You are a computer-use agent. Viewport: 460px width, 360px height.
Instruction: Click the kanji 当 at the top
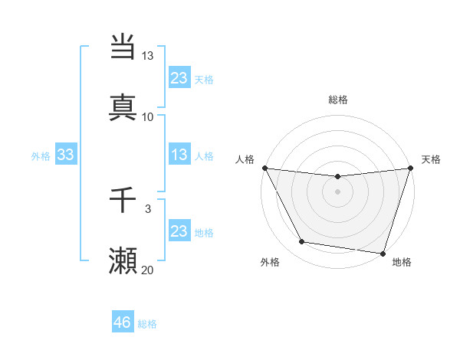(x=123, y=47)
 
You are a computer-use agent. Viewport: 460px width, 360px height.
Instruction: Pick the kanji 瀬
(x=123, y=261)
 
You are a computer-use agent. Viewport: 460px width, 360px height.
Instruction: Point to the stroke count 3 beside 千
(x=148, y=208)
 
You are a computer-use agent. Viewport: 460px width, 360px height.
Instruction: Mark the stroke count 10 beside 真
(x=147, y=116)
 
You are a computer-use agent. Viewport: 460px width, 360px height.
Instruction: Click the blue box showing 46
(x=123, y=322)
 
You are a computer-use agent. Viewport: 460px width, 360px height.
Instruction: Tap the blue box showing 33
(x=66, y=155)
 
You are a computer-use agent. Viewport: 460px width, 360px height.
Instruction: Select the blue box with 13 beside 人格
(x=179, y=155)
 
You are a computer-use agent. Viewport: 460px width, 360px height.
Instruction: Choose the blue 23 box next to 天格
(x=179, y=78)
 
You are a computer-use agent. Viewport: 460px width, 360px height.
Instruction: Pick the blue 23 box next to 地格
(x=179, y=231)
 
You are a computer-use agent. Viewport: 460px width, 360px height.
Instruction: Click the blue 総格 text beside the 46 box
(x=147, y=324)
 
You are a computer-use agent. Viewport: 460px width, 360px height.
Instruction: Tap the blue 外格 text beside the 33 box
(x=41, y=156)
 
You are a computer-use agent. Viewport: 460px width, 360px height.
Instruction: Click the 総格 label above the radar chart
(x=337, y=100)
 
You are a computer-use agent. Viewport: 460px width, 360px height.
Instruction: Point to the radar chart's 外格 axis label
(x=270, y=262)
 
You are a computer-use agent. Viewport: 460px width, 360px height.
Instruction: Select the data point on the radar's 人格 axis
(x=264, y=168)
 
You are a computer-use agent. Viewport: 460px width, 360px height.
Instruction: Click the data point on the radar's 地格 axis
(x=383, y=253)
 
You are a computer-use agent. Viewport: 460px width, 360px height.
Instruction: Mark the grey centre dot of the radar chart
(x=337, y=191)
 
